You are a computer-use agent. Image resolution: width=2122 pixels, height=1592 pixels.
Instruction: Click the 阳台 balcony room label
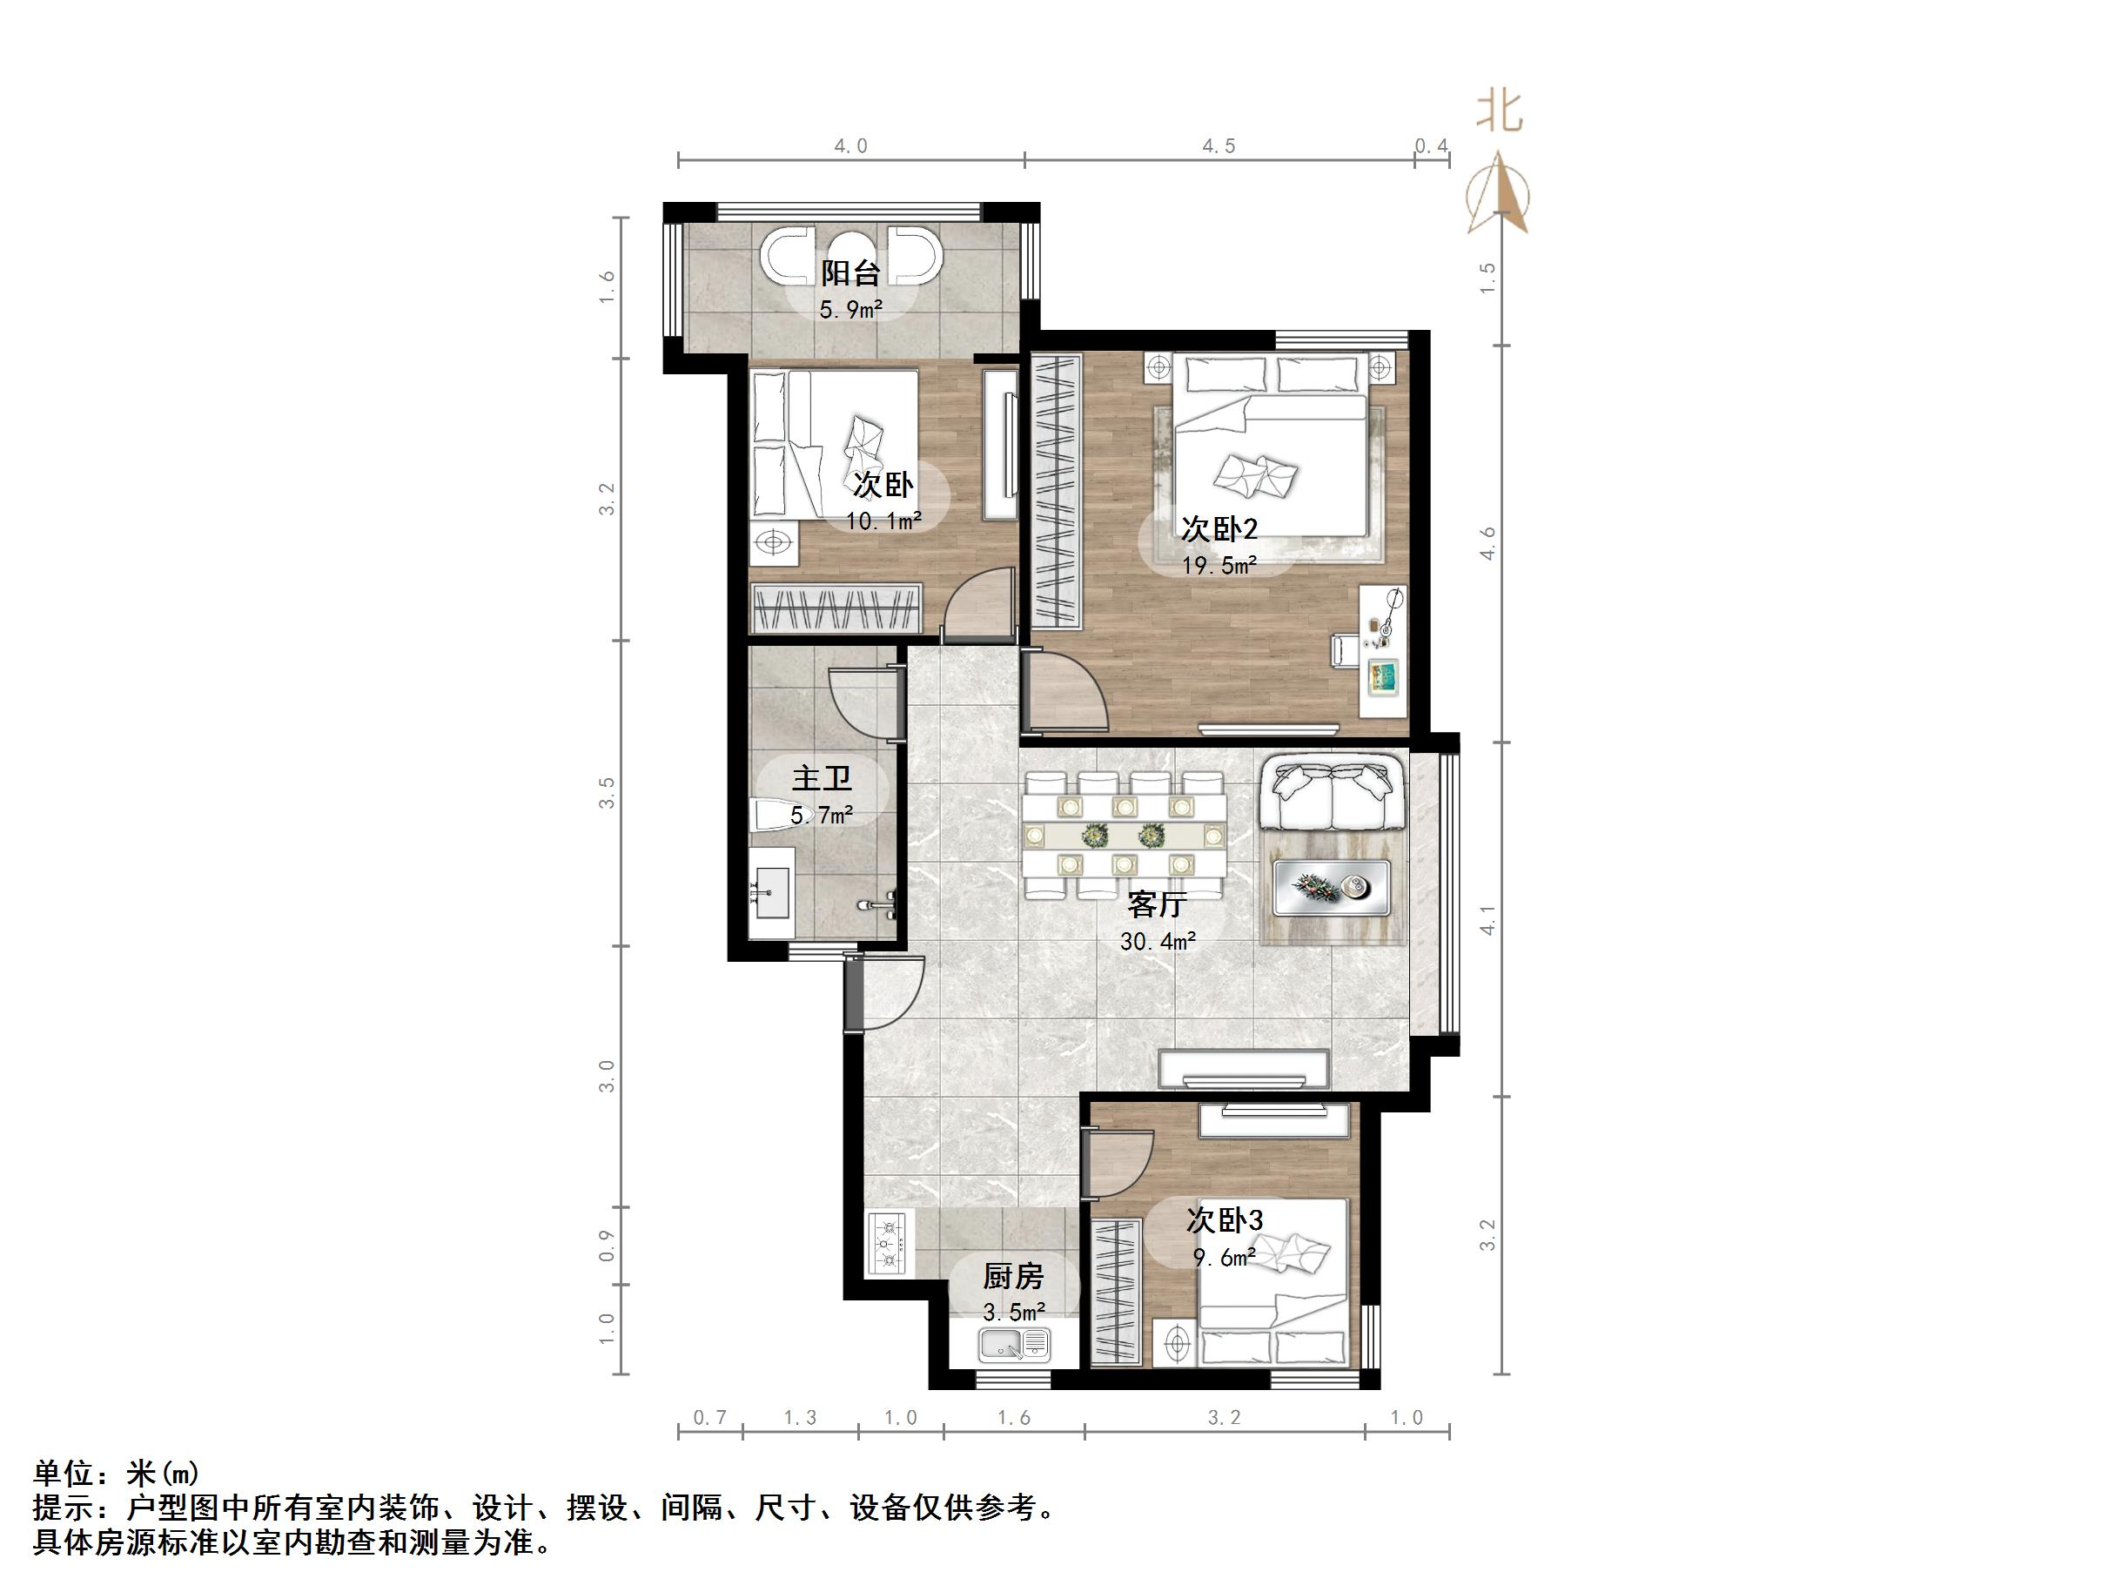pyautogui.click(x=850, y=273)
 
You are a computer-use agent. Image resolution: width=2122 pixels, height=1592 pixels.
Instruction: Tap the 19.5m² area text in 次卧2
pyautogui.click(x=1219, y=566)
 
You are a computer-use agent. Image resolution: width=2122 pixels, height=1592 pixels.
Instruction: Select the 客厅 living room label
pyautogui.click(x=1157, y=904)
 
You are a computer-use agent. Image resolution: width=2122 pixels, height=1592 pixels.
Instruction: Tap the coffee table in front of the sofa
pyautogui.click(x=1332, y=887)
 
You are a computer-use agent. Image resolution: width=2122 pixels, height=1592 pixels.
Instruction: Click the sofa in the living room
pyautogui.click(x=1332, y=795)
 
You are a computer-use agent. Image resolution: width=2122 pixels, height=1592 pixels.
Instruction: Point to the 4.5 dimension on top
pyautogui.click(x=1219, y=146)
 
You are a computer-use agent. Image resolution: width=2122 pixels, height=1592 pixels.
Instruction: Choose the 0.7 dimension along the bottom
pyautogui.click(x=710, y=1418)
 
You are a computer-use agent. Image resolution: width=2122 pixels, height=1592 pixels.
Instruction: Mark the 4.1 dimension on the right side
pyautogui.click(x=1487, y=919)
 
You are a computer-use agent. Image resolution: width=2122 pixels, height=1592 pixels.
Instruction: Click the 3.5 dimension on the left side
pyautogui.click(x=607, y=793)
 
